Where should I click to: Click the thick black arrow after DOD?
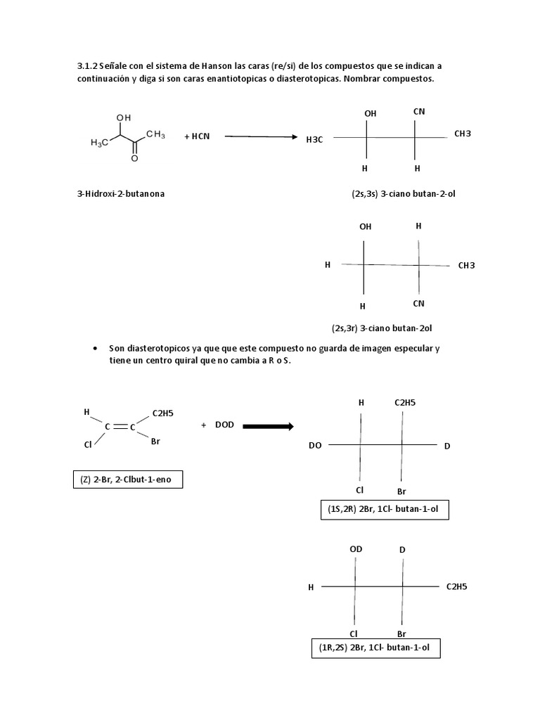tap(268, 425)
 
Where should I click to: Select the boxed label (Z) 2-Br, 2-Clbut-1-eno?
tap(128, 480)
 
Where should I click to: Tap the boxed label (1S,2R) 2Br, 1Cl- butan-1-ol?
tap(382, 509)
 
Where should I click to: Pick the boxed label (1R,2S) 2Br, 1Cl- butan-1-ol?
tap(374, 648)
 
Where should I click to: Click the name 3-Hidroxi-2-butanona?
tap(121, 193)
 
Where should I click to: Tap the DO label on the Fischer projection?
tap(314, 446)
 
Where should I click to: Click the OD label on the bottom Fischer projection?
tap(356, 549)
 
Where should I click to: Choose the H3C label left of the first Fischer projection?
tap(314, 140)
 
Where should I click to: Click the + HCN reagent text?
tap(197, 136)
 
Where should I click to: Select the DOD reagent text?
tap(224, 425)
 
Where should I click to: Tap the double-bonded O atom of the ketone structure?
tap(134, 159)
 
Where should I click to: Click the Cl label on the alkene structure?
tap(88, 444)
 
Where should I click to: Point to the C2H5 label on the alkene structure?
tap(163, 414)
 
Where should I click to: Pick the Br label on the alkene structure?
tap(155, 442)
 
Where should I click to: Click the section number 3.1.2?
tap(87, 66)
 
